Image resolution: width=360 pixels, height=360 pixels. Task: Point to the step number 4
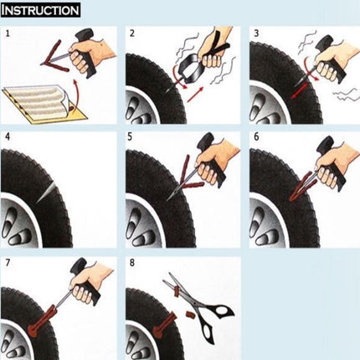tap(8, 136)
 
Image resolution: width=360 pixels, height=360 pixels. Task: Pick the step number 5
tap(132, 136)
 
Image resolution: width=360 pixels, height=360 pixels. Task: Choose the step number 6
tap(255, 136)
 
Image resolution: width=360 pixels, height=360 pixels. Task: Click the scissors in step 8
tap(197, 301)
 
